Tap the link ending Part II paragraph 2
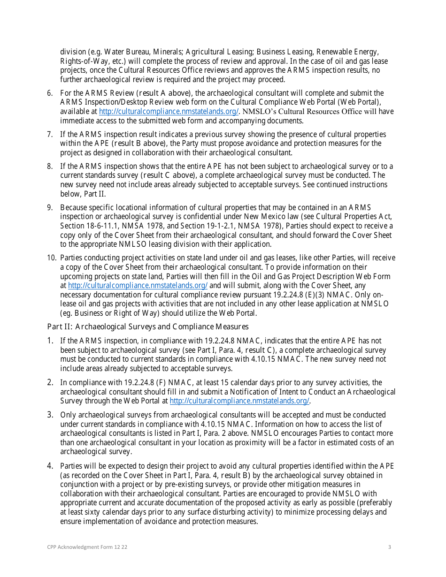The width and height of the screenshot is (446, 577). click(239, 401)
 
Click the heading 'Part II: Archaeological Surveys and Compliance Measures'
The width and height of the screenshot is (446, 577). click(148, 326)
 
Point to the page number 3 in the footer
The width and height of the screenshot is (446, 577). click(389, 547)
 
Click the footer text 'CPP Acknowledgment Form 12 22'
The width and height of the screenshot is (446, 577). click(87, 547)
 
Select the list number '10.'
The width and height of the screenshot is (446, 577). click(52, 258)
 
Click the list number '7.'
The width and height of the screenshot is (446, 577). click(50, 135)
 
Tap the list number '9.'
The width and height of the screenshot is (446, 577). click(50, 207)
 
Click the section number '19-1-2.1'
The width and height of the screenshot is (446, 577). click(200, 226)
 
